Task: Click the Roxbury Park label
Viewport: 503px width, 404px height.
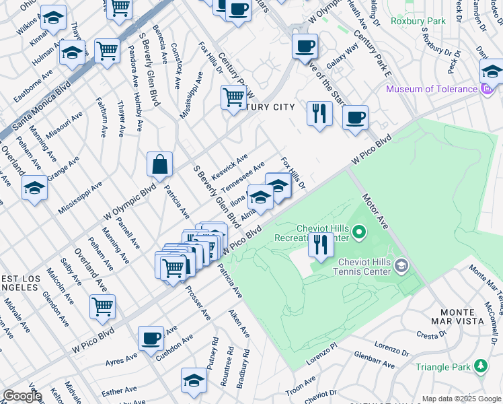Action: pos(420,22)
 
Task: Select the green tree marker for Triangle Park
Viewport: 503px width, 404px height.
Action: pos(480,365)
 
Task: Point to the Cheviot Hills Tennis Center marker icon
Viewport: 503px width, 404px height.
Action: pos(401,266)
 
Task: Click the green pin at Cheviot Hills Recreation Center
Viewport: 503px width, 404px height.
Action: pos(359,233)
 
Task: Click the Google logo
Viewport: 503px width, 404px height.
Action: pos(22,396)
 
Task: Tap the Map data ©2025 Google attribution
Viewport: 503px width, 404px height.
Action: pos(461,399)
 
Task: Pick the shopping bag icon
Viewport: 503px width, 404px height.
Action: pos(160,164)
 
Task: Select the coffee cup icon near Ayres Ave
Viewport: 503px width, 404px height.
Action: pos(151,337)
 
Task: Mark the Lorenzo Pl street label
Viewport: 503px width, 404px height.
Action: pos(319,357)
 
